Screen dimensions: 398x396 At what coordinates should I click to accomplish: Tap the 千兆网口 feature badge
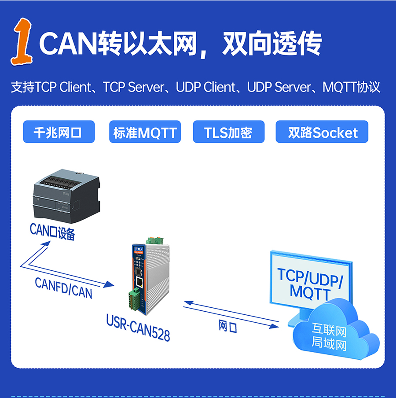tap(59, 132)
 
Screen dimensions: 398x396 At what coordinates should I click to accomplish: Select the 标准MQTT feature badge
tap(145, 132)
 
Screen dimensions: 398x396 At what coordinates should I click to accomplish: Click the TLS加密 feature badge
tap(228, 132)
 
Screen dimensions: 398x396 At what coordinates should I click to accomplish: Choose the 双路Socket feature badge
tap(322, 132)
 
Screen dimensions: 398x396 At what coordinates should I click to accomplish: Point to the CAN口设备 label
tap(52, 232)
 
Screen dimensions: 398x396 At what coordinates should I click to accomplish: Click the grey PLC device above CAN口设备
tap(66, 196)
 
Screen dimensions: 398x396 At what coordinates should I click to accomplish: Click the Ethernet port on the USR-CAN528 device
tap(140, 282)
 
